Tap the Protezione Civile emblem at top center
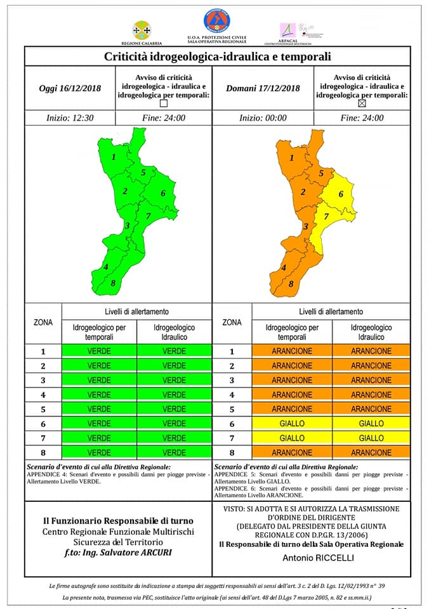[216, 21]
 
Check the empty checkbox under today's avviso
[164, 103]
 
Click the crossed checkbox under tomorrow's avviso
[362, 103]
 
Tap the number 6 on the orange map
[341, 194]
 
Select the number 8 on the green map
[113, 284]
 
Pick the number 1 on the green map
[114, 157]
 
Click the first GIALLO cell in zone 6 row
[292, 424]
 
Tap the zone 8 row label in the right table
[232, 453]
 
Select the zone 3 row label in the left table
[43, 381]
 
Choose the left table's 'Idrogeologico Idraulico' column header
[174, 332]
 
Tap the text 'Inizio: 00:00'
[263, 118]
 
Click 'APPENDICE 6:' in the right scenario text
[236, 488]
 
